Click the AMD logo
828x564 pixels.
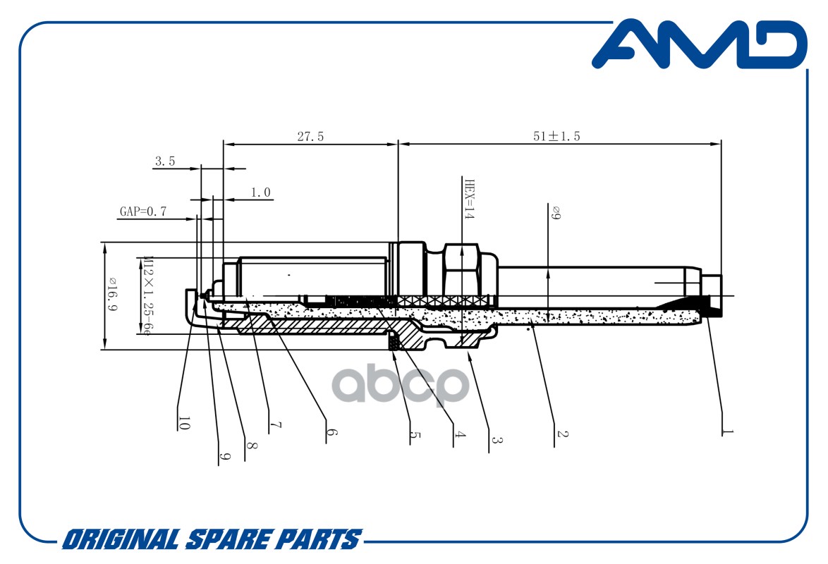[x=699, y=44]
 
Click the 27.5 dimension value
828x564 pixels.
[x=310, y=137]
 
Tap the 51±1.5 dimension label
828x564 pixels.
[x=556, y=136]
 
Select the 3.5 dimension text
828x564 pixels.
[x=165, y=161]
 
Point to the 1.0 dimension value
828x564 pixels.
[x=260, y=192]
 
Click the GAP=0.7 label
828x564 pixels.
[x=143, y=211]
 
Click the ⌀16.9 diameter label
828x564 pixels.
[x=112, y=293]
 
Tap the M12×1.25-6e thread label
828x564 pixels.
[x=148, y=295]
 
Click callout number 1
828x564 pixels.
[x=728, y=431]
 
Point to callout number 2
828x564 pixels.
[x=562, y=434]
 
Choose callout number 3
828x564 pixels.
[x=496, y=439]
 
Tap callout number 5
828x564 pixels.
[x=415, y=436]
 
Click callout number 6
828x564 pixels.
[x=331, y=432]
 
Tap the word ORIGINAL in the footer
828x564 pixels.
[x=121, y=540]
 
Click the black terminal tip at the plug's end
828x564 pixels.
[x=714, y=306]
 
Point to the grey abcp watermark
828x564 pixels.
[x=401, y=385]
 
